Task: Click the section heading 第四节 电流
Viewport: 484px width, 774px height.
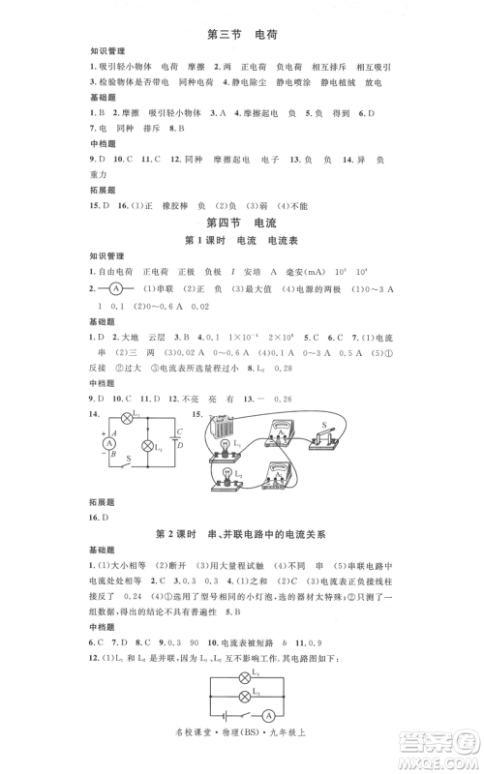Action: tap(242, 226)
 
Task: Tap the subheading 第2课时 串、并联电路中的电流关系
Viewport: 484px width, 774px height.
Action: tap(242, 534)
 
